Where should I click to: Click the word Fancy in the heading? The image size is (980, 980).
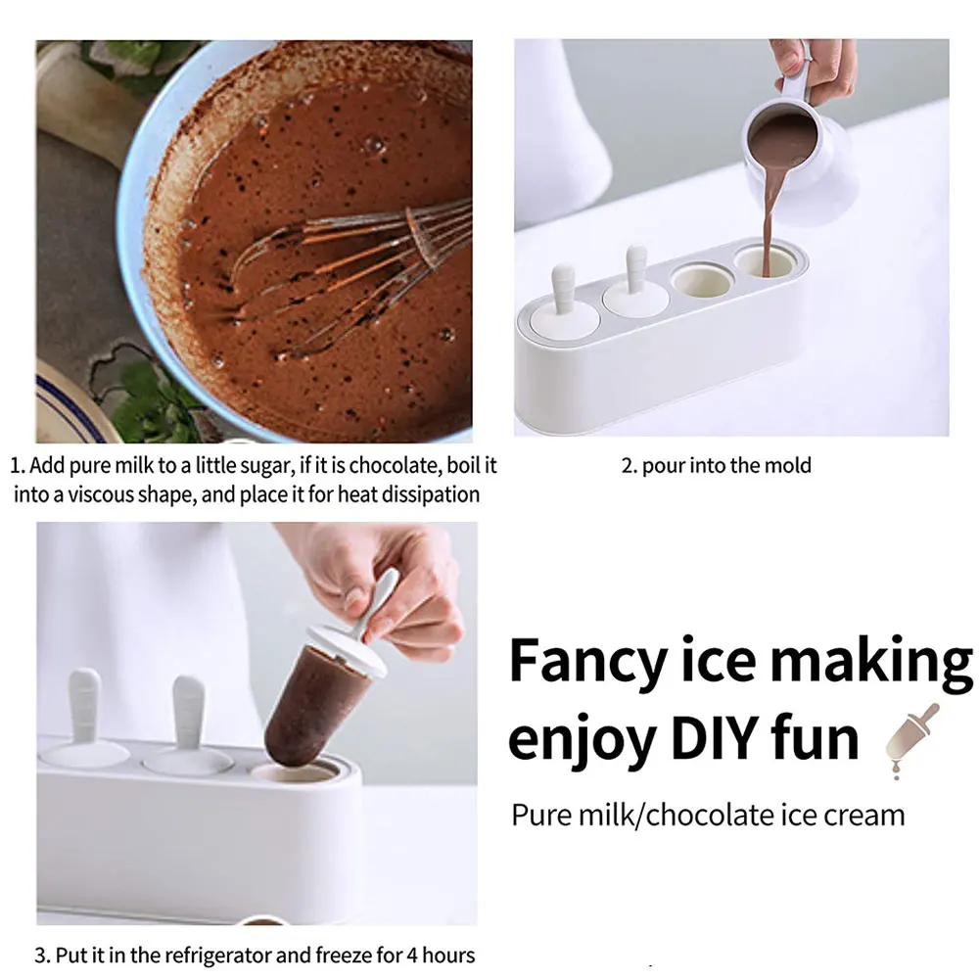(586, 663)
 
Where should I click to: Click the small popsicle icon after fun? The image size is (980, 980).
(910, 739)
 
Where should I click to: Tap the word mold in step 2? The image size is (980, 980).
(790, 465)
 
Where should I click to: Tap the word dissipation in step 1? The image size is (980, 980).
(426, 494)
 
